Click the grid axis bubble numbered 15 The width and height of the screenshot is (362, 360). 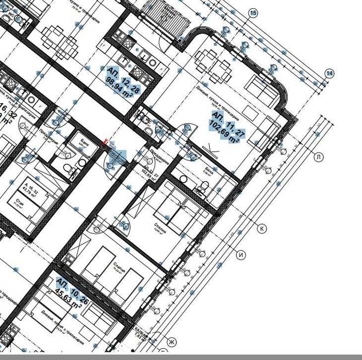[x=253, y=13]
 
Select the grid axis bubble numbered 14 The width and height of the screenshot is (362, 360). [x=330, y=74]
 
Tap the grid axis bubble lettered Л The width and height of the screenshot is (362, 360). [x=318, y=157]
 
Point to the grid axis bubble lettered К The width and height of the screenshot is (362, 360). [x=262, y=228]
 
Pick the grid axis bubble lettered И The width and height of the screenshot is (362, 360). [x=241, y=254]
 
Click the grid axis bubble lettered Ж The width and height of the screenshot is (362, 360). [x=172, y=342]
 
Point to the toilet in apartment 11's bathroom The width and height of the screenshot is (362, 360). [x=199, y=190]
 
